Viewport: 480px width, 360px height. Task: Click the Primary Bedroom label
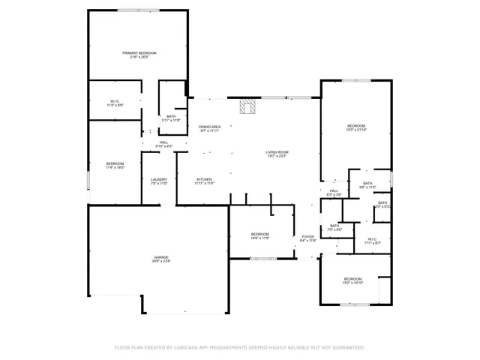click(139, 52)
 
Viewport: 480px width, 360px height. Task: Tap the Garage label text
click(161, 256)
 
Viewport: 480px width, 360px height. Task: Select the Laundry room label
click(158, 179)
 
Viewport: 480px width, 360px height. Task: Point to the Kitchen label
click(205, 179)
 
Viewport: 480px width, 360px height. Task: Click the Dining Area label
click(209, 127)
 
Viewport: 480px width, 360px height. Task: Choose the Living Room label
click(277, 152)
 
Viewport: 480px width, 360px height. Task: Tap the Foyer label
click(308, 237)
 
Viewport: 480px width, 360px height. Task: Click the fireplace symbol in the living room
click(247, 106)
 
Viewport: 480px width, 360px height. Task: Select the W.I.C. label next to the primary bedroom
click(115, 101)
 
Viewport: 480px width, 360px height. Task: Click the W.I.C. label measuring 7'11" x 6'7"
click(372, 239)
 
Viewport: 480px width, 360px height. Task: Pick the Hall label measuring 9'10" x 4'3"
click(163, 142)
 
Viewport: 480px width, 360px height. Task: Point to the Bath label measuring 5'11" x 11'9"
click(171, 116)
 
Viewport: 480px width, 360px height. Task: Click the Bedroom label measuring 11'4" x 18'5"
click(115, 163)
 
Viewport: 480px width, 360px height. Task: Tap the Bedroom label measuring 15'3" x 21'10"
click(355, 125)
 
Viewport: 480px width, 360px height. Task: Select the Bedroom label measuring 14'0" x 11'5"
click(259, 234)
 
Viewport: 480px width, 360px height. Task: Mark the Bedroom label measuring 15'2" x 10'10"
click(352, 279)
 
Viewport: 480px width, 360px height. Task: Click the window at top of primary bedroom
click(138, 10)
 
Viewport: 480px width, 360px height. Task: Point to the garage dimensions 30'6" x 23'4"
click(161, 262)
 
